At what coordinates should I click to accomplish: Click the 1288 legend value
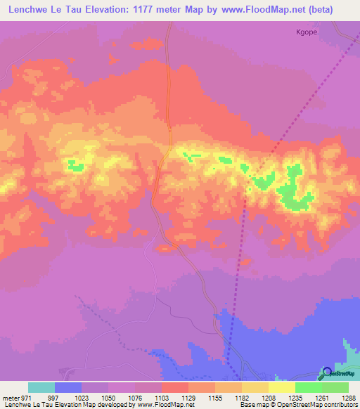point(349,397)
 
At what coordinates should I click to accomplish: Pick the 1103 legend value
point(161,397)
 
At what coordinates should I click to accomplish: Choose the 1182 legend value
point(242,397)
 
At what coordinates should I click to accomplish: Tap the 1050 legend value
point(108,397)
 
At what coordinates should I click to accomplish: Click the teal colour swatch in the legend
point(41,387)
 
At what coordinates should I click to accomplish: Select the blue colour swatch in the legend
point(68,387)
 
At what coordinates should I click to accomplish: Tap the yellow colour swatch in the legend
point(282,387)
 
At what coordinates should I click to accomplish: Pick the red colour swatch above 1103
point(175,387)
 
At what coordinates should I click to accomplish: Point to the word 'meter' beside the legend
point(11,397)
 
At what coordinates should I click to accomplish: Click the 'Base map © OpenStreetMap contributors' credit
point(297,405)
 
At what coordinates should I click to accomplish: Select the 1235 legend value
point(295,397)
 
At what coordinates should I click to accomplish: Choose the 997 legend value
point(54,397)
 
